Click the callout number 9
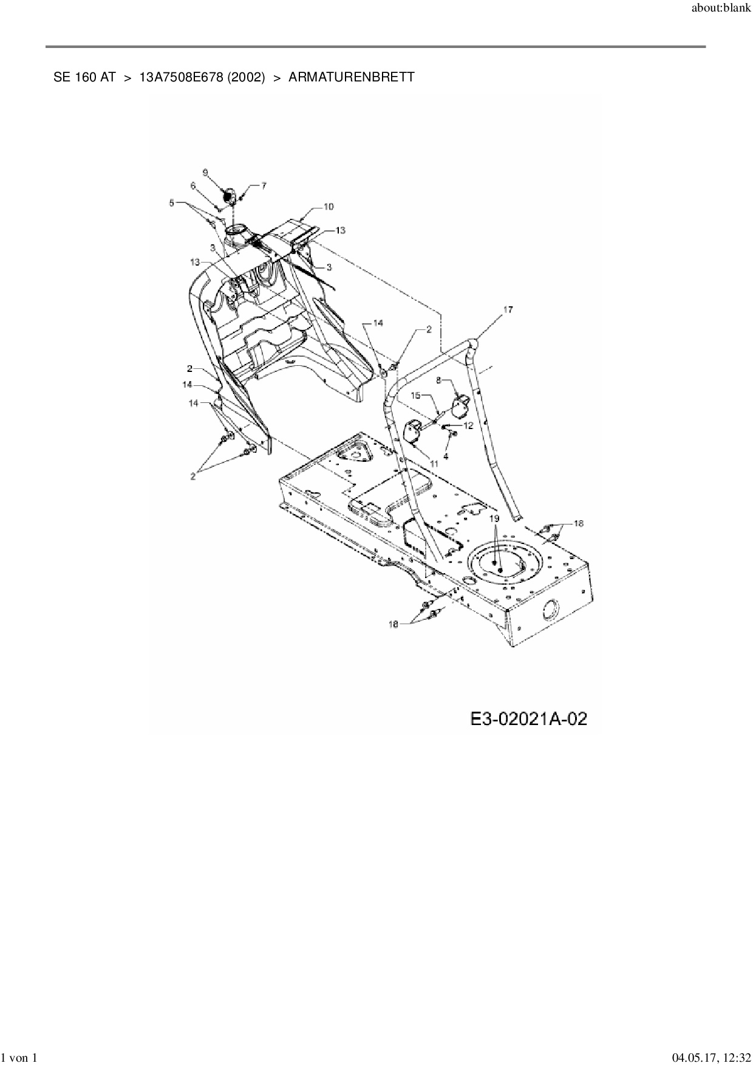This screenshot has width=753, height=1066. point(205,173)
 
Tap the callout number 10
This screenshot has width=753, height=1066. point(328,207)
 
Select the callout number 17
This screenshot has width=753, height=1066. point(508,310)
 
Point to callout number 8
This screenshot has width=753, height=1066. point(440,379)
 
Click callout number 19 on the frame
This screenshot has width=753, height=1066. point(494,518)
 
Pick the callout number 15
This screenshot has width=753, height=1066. point(416,395)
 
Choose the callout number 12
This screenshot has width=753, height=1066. point(468,426)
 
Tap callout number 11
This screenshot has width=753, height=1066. point(434,463)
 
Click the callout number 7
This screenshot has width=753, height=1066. point(264,186)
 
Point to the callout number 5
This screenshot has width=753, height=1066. point(172,203)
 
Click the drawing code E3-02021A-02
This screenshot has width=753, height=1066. point(528,719)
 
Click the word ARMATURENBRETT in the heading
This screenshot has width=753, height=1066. point(352,77)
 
